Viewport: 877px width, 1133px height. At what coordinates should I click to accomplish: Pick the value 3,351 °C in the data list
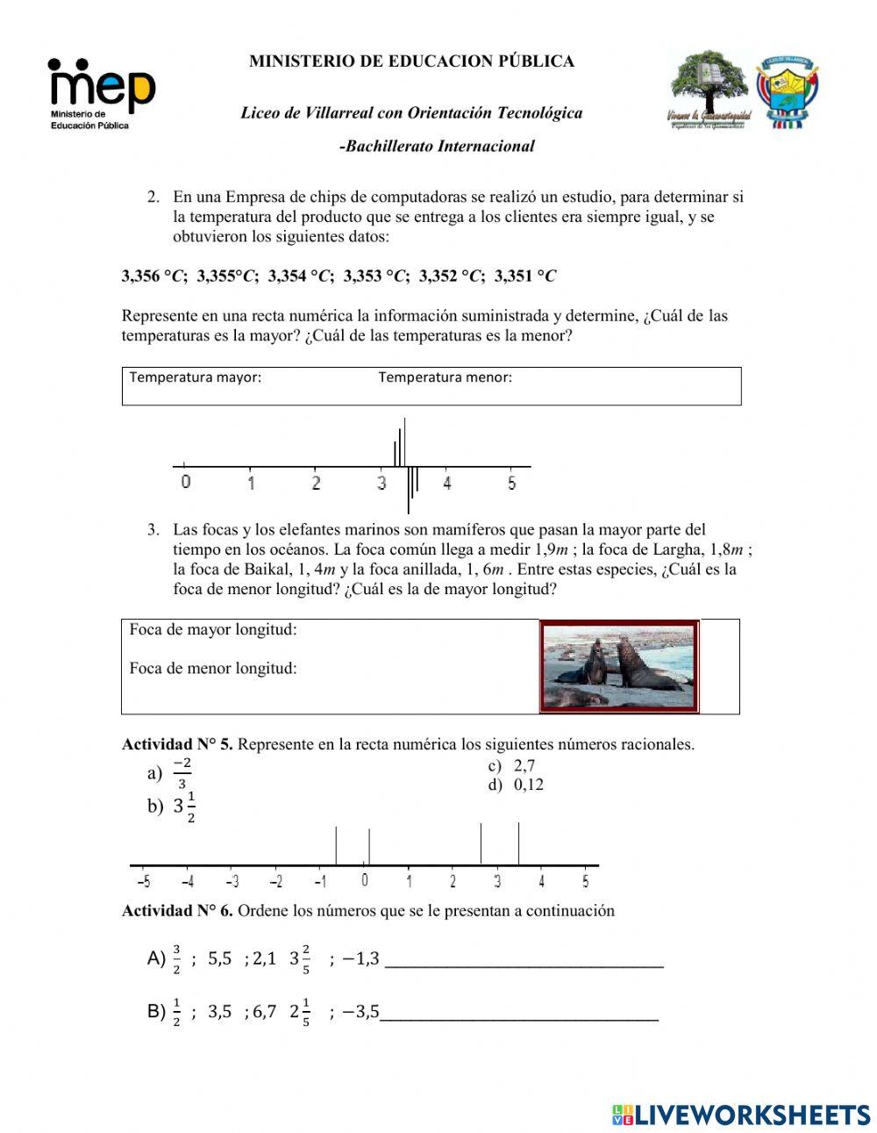[525, 276]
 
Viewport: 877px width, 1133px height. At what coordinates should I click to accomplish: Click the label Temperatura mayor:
[196, 377]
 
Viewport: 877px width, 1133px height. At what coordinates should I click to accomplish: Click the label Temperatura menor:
[445, 377]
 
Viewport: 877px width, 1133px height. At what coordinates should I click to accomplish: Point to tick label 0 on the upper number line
[186, 483]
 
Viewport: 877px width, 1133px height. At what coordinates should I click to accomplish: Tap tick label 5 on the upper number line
[511, 483]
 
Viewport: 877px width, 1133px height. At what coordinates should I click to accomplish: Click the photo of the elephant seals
[619, 666]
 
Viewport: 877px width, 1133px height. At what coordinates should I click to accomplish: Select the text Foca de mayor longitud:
[213, 630]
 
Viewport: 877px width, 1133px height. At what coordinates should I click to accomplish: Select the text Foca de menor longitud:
[213, 669]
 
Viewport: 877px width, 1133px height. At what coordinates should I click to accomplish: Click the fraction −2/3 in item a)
[182, 773]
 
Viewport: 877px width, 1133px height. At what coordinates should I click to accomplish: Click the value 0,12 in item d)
[529, 785]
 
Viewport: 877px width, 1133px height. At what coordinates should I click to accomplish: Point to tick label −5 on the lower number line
[144, 882]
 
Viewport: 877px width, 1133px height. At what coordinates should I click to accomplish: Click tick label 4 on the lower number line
[541, 882]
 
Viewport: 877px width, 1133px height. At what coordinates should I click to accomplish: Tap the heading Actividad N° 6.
[177, 911]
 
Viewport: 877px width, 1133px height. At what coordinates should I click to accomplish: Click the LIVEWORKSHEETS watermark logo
[741, 1115]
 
